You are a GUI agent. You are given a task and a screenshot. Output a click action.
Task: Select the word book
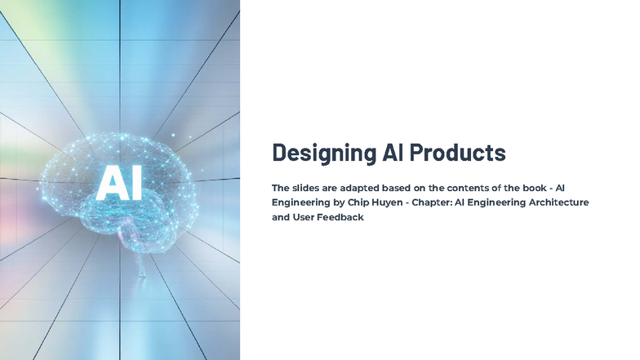[535, 188]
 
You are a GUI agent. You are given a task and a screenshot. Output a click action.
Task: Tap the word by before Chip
[340, 202]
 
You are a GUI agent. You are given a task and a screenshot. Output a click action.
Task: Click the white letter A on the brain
[110, 183]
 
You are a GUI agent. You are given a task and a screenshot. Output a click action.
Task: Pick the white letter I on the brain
[136, 183]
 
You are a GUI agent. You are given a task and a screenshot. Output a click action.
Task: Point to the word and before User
[281, 217]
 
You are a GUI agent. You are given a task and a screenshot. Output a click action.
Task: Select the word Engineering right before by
[300, 202]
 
